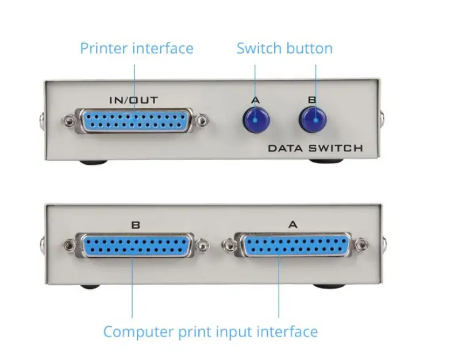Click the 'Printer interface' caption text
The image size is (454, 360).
[137, 48]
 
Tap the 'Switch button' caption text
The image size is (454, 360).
[284, 48]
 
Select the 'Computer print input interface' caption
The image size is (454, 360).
[210, 332]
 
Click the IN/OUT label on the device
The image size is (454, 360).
[134, 100]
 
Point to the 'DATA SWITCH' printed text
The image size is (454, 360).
[316, 148]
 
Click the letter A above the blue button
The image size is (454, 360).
[255, 100]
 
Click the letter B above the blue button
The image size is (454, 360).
[312, 100]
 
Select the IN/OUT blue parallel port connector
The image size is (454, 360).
[135, 121]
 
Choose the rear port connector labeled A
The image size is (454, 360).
[294, 245]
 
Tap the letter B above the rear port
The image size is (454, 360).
[136, 225]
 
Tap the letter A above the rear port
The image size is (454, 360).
[293, 224]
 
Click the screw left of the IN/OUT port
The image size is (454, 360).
[68, 120]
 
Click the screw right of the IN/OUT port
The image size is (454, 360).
[202, 120]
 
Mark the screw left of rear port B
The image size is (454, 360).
[69, 245]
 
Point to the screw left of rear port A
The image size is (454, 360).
[228, 245]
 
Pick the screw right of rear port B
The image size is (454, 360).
[202, 245]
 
